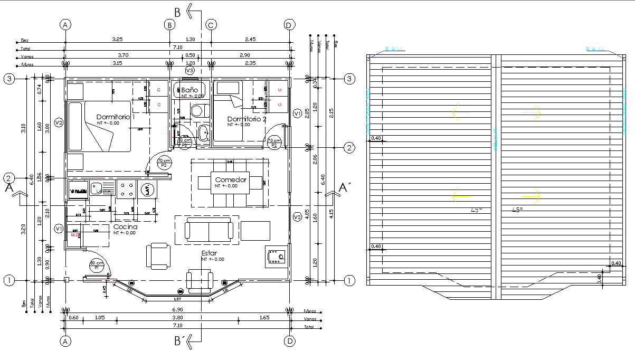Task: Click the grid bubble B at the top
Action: click(169, 25)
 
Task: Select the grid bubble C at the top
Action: click(211, 25)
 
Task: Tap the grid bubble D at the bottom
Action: click(289, 342)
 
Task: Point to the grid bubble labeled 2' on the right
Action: click(349, 148)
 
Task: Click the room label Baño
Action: click(189, 90)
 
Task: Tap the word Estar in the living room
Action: click(209, 253)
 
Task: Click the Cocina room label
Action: click(125, 226)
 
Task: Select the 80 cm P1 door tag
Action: click(97, 265)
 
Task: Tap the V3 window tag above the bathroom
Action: click(189, 70)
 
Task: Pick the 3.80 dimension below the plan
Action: click(178, 318)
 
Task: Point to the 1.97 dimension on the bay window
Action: click(177, 299)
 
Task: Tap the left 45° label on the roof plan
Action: click(476, 210)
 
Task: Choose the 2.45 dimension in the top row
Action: click(250, 40)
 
